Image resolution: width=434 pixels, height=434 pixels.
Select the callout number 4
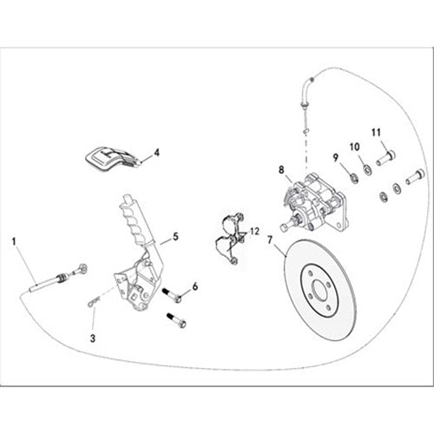click(x=156, y=152)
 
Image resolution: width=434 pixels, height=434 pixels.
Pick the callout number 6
click(x=195, y=286)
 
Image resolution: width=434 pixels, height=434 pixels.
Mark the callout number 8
click(x=280, y=170)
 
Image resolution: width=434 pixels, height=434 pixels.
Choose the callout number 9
click(x=335, y=157)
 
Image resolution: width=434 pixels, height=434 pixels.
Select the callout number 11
click(x=376, y=132)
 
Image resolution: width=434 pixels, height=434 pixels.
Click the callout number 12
click(x=254, y=231)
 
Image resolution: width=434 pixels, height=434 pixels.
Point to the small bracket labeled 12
click(x=229, y=237)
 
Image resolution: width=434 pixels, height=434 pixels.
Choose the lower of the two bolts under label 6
click(x=179, y=320)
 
